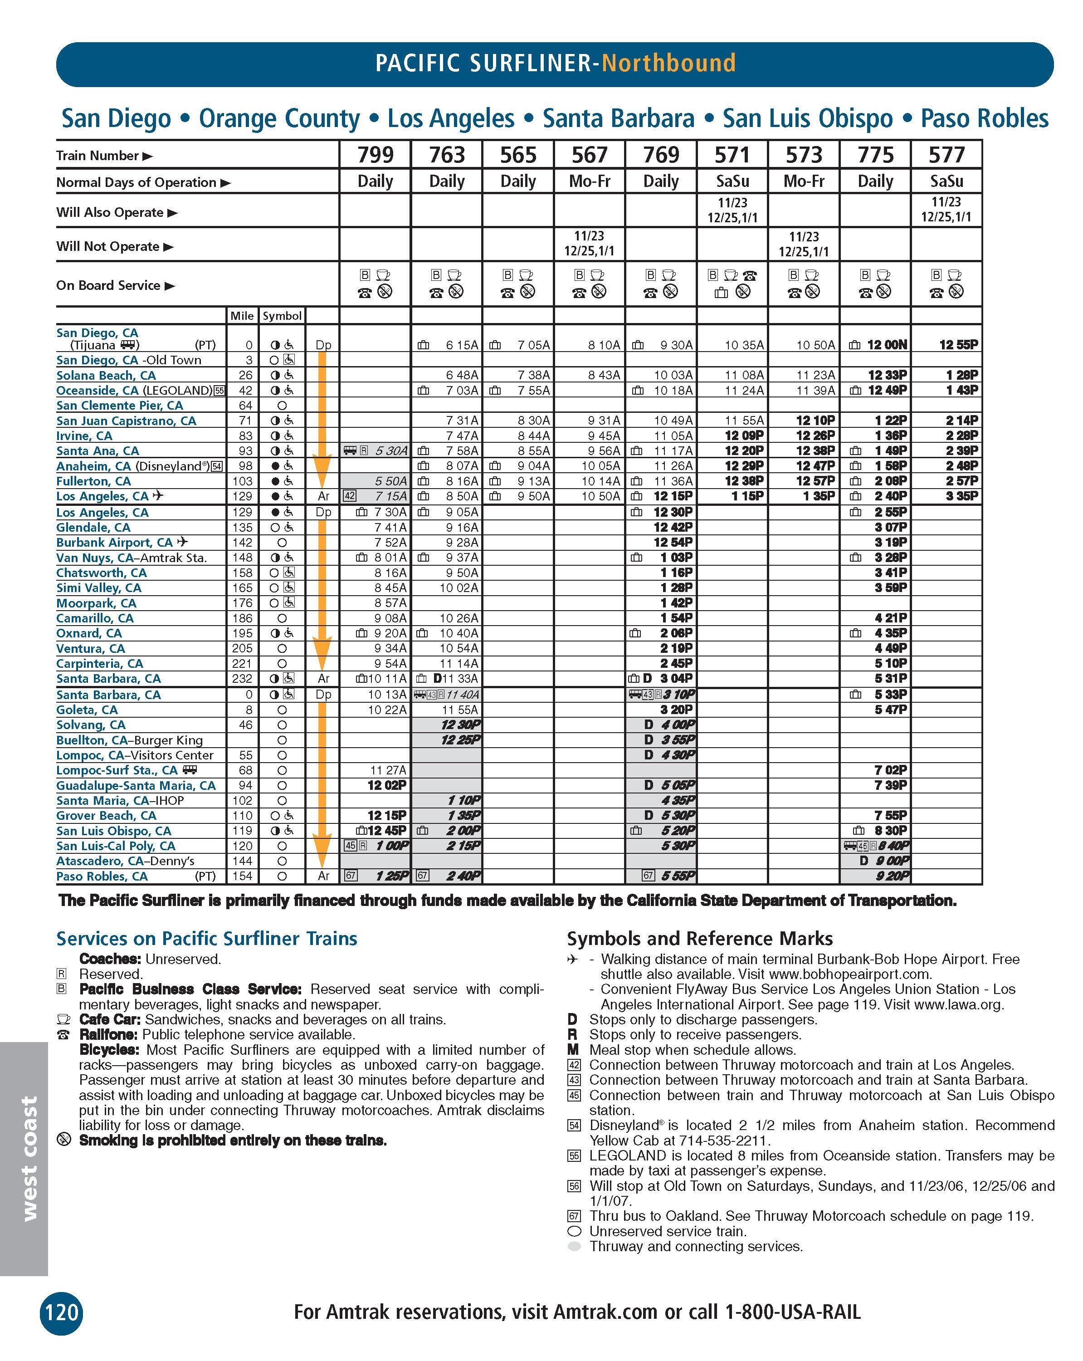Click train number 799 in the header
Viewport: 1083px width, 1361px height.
point(375,155)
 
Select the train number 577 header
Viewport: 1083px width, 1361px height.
point(946,155)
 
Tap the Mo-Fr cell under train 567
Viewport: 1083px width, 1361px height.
point(590,182)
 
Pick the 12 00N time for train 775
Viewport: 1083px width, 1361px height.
point(887,345)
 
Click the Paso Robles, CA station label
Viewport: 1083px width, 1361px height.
point(102,876)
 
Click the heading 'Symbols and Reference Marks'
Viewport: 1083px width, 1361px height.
point(699,939)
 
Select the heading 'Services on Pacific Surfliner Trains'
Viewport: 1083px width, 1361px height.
point(206,939)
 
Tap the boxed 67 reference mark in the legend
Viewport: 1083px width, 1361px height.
point(574,1216)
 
